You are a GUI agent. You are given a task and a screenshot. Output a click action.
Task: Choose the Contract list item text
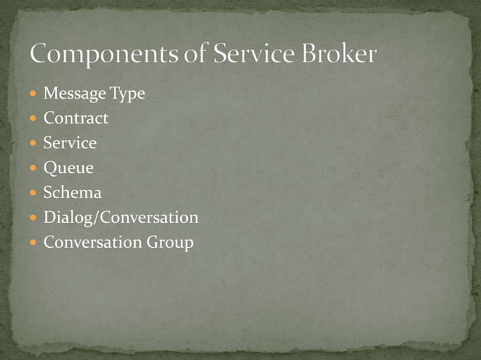(x=75, y=118)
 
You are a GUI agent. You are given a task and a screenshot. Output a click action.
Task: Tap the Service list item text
(x=69, y=143)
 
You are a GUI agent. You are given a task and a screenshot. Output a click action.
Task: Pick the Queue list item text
(x=69, y=169)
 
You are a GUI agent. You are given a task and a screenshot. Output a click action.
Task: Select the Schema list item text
(x=72, y=193)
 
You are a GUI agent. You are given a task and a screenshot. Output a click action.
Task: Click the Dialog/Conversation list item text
(x=121, y=218)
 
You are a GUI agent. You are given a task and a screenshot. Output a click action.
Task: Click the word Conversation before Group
(x=92, y=243)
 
